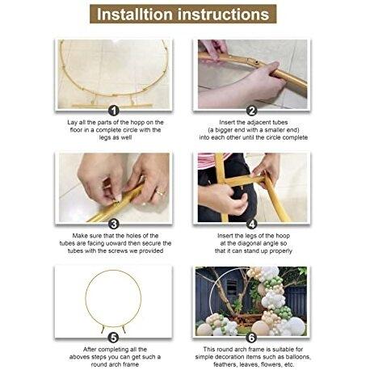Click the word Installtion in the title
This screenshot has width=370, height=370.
tap(134, 14)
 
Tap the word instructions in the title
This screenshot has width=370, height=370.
tap(223, 14)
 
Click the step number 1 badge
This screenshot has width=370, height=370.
tap(114, 111)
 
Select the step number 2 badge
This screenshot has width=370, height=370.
tap(251, 111)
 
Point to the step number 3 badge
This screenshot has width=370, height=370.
tap(114, 224)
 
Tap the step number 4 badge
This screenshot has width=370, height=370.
tap(251, 224)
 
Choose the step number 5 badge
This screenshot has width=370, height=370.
tap(113, 338)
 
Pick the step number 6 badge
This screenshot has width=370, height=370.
tap(251, 338)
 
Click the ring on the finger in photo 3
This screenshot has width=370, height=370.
tap(160, 193)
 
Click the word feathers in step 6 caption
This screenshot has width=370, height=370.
tap(225, 364)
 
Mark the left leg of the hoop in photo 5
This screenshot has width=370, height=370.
tap(103, 330)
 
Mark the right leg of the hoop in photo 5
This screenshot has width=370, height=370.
tap(124, 330)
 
